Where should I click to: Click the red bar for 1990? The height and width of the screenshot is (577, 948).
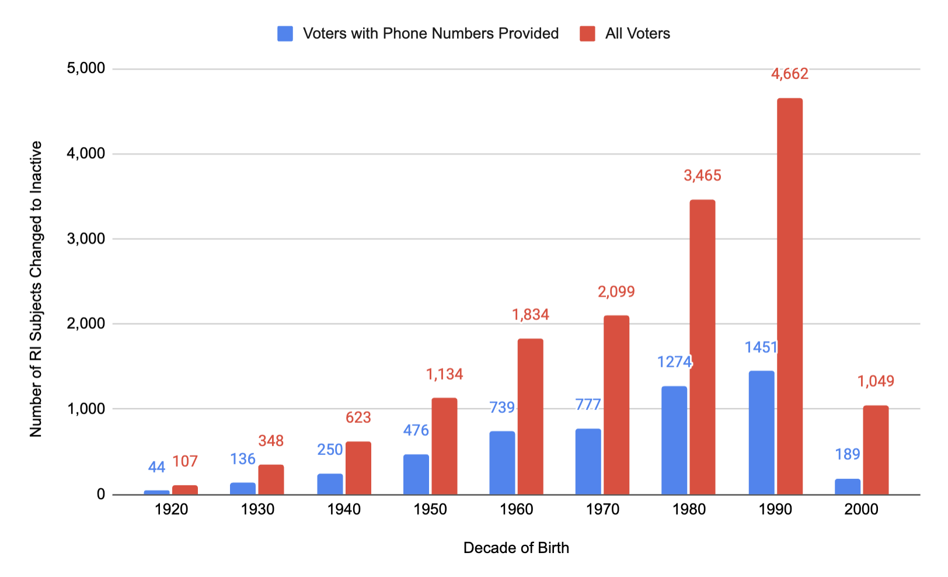[789, 296]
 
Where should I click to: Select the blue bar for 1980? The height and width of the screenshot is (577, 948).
[674, 440]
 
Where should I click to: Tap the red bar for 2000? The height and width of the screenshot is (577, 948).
[876, 450]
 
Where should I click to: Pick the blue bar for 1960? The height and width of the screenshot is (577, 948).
[502, 463]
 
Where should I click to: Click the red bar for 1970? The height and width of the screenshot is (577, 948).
[616, 405]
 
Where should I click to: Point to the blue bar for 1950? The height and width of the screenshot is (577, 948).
[416, 474]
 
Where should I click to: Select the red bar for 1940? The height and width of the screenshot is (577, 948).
[358, 468]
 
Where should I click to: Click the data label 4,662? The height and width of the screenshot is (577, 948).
[789, 74]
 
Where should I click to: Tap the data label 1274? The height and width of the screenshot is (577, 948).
[674, 362]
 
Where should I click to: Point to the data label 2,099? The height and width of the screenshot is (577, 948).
[616, 291]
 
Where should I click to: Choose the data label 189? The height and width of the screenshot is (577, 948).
[848, 454]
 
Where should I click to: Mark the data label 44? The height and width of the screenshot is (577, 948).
[156, 467]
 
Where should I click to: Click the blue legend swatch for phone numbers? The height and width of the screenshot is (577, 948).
[285, 34]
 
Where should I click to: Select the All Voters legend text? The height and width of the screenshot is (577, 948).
[637, 34]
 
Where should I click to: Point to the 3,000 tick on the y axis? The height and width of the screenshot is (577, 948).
[86, 239]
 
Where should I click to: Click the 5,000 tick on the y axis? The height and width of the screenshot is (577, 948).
[86, 69]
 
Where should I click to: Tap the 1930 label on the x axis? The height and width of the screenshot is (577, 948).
[257, 509]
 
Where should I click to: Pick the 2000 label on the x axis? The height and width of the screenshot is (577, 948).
[861, 509]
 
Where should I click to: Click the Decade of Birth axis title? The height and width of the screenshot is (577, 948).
[516, 548]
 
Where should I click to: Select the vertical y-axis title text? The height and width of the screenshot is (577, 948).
[36, 288]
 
